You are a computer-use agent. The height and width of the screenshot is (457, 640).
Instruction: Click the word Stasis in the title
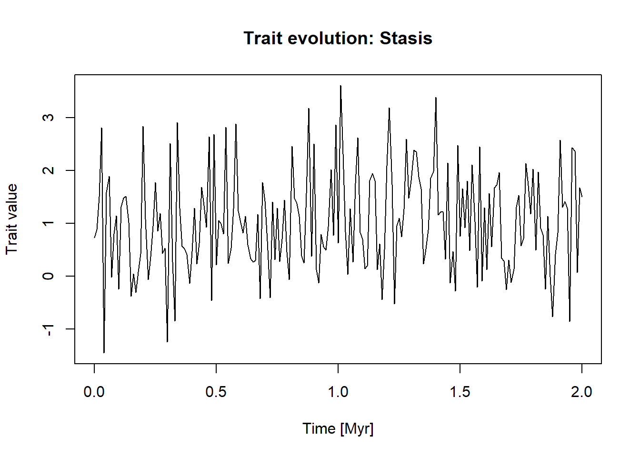pos(406,38)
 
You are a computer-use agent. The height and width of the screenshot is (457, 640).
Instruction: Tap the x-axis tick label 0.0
pos(94,392)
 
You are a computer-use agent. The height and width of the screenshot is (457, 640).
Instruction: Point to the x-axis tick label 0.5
pos(216,392)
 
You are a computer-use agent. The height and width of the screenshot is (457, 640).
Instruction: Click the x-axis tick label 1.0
pos(338,392)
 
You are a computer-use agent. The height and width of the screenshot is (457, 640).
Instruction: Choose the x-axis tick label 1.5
pos(460,392)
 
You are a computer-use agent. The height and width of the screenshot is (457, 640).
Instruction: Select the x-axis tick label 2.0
pos(581,392)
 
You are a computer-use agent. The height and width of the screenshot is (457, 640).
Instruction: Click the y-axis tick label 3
pos(48,118)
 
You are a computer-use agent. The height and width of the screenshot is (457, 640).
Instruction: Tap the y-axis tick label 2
pos(48,170)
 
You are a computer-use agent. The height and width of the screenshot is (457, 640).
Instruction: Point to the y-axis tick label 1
pos(48,223)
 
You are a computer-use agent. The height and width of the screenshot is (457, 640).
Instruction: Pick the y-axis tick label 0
pos(48,276)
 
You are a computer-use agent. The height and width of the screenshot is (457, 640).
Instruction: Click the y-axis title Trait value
pos(11,219)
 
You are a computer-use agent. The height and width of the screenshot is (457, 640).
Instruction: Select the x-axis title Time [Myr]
pos(338,428)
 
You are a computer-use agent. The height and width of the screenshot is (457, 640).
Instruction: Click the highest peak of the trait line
pos(340,86)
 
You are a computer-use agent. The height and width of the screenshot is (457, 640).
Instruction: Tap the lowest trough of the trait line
pos(104,352)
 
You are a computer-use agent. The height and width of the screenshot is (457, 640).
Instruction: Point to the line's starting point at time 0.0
pos(94,238)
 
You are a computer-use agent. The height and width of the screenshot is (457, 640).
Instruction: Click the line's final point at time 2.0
pos(582,197)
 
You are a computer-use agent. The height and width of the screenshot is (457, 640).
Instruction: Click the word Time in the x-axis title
pos(319,428)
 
